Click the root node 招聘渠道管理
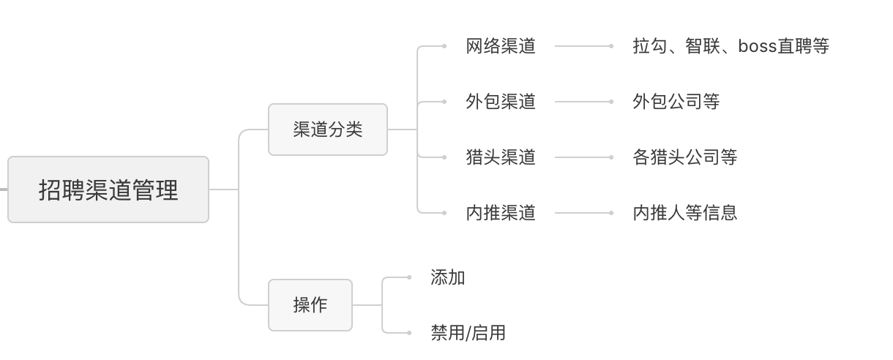[x=108, y=190]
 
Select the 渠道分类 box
[x=328, y=130]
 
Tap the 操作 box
[x=310, y=305]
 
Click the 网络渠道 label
[x=501, y=46]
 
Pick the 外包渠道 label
[x=501, y=102]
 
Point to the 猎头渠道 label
[x=501, y=157]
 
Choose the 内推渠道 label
[x=501, y=213]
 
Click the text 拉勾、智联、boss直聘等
[x=731, y=46]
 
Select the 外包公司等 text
[x=676, y=102]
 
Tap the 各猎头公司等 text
[x=685, y=157]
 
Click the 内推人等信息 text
[x=685, y=213]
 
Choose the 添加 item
[x=448, y=277]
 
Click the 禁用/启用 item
[x=468, y=333]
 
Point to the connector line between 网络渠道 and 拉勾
[x=583, y=46]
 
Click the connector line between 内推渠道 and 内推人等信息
[x=583, y=213]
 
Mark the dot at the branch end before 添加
[x=409, y=277]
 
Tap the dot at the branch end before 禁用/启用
[x=409, y=333]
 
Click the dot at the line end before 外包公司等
[x=611, y=102]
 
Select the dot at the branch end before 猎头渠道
[x=444, y=157]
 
